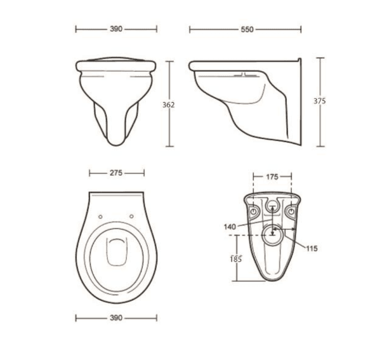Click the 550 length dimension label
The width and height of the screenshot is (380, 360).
pyautogui.click(x=247, y=30)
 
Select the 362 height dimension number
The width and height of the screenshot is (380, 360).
pyautogui.click(x=169, y=105)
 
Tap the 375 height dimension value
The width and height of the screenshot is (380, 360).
pyautogui.click(x=320, y=101)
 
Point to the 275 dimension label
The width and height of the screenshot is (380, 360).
pyautogui.click(x=116, y=173)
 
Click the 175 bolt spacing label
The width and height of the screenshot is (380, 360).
pyautogui.click(x=272, y=177)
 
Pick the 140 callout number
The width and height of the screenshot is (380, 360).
pyautogui.click(x=230, y=227)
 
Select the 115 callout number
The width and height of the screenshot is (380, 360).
pyautogui.click(x=311, y=248)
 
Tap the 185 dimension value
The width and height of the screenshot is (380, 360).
pyautogui.click(x=236, y=259)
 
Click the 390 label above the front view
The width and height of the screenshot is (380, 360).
pyautogui.click(x=116, y=29)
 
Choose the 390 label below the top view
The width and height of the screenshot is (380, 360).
pyautogui.click(x=116, y=318)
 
